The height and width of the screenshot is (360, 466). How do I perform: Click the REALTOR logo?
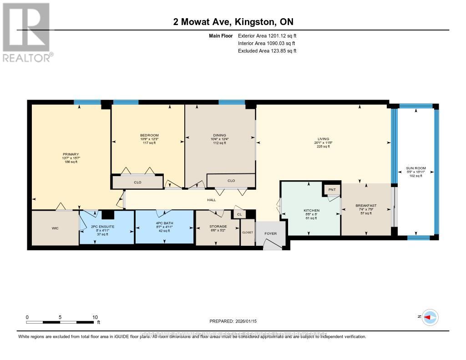(27, 32)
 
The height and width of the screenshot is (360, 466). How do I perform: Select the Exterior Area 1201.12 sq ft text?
(267, 35)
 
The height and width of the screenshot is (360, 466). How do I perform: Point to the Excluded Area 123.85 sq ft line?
(267, 51)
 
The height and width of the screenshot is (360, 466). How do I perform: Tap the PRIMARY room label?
(71, 154)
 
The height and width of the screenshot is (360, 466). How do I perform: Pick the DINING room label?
(219, 135)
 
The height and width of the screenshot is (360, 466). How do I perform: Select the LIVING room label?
(323, 139)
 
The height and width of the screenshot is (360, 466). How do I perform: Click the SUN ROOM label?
(416, 168)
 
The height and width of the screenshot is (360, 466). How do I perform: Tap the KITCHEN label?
(312, 210)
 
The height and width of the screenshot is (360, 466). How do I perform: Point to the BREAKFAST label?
(366, 206)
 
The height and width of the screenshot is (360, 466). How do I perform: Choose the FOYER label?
(271, 233)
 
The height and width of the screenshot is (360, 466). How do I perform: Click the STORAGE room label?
(218, 226)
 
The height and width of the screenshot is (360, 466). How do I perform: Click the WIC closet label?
(55, 228)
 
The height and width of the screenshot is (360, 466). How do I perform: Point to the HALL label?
(211, 200)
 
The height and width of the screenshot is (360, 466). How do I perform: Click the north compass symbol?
(430, 317)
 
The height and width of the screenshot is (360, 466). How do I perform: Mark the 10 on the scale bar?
(95, 317)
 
